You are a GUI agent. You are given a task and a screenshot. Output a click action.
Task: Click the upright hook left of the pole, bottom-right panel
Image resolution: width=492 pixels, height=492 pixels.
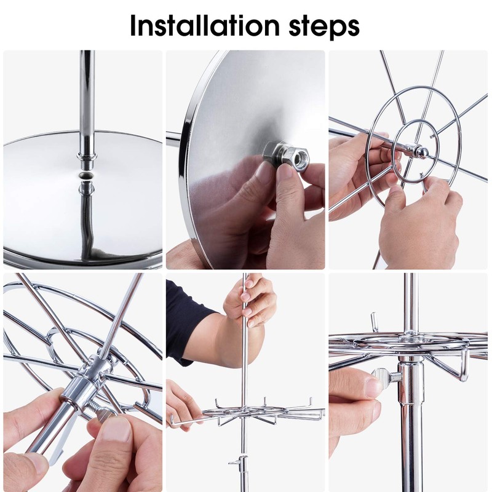click(x=373, y=321)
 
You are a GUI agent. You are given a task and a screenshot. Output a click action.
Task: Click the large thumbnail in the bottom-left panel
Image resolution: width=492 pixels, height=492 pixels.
click(x=116, y=432)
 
